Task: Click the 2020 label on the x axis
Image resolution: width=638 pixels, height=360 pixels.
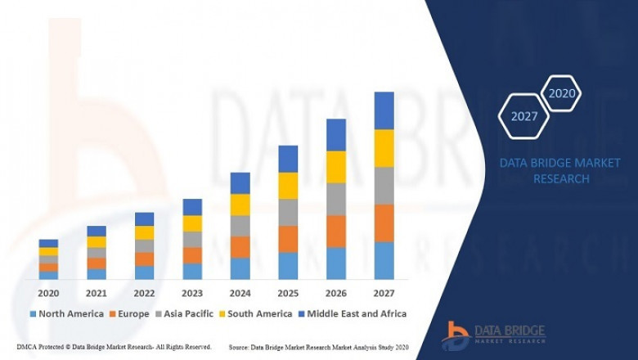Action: point(48,293)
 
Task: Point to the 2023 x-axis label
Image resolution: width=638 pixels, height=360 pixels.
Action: point(192,293)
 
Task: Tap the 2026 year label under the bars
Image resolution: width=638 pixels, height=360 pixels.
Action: point(336,293)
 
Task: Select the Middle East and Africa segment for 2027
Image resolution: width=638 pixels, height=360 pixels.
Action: point(384,110)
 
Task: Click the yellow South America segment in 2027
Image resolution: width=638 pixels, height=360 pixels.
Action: point(384,148)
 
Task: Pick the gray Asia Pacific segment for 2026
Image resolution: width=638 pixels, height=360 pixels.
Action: point(336,199)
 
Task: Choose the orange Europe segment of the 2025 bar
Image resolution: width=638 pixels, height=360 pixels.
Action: point(288,239)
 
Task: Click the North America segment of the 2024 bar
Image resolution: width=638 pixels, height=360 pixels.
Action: point(240,268)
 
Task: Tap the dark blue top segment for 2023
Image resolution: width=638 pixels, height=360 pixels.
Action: point(192,207)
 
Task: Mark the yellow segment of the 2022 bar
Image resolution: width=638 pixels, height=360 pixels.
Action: point(145,232)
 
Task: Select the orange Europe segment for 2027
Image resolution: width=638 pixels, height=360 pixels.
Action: point(384,223)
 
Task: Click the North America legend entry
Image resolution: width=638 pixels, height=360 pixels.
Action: point(67,313)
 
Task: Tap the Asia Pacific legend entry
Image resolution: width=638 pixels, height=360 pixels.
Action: point(186,313)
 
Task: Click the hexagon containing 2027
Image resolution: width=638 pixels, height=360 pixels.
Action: point(523,116)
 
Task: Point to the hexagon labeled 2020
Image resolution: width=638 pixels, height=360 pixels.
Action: point(562,93)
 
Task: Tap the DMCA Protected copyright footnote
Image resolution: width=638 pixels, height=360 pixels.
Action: point(114,347)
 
